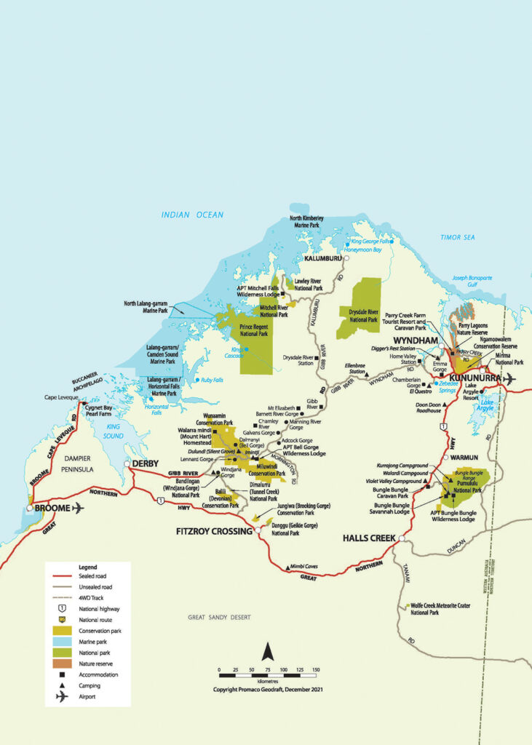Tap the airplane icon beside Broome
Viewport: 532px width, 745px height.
[77, 508]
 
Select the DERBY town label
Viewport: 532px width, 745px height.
[146, 463]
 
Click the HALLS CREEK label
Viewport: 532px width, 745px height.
[368, 538]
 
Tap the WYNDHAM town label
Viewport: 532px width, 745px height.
[413, 340]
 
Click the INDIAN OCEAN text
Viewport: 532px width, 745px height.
[193, 215]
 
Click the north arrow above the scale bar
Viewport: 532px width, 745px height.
[267, 652]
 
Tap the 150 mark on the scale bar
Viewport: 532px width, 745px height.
[316, 669]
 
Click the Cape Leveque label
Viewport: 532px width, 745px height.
[61, 397]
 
